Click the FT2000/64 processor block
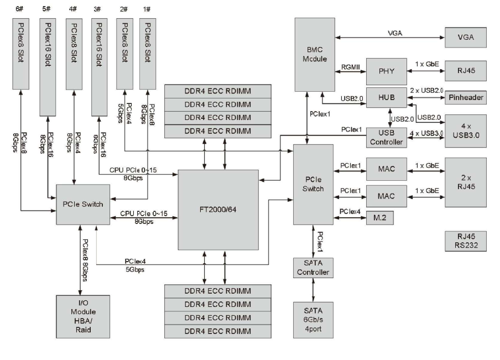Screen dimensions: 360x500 pos(218,210)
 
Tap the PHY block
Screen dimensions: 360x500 pos(386,71)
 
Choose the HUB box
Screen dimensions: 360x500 pos(386,97)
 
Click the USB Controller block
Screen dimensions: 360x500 pos(386,136)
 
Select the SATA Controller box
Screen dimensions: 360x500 pos(313,268)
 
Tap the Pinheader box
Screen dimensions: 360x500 pos(465,98)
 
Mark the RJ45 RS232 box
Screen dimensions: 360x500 pos(465,241)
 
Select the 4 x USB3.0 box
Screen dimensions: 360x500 pos(465,130)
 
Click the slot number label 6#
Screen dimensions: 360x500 pos(22,9)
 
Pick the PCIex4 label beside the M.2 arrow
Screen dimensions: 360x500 pos(351,211)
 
